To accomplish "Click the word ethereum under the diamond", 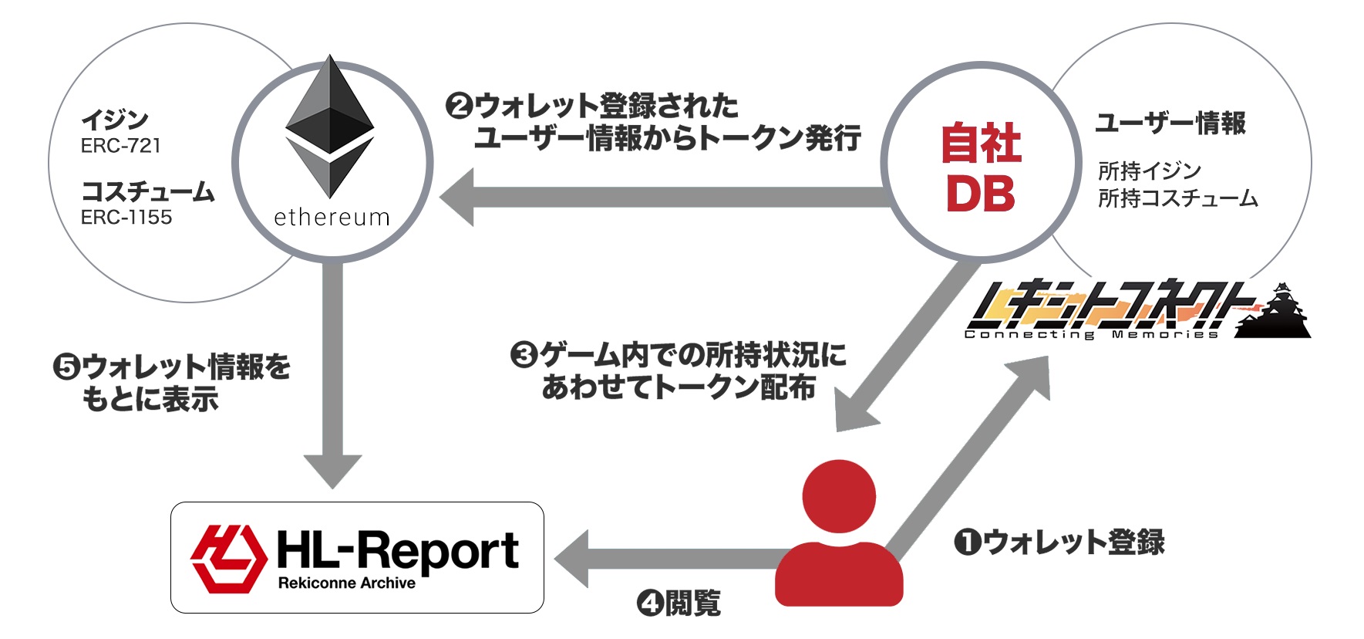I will pyautogui.click(x=332, y=218).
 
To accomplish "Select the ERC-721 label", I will pyautogui.click(x=120, y=146).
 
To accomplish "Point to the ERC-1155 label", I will pyautogui.click(x=126, y=218).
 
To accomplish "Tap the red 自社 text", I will pyautogui.click(x=981, y=144).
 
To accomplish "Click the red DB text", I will pyautogui.click(x=980, y=194).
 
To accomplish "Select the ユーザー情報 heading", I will pyautogui.click(x=1170, y=123).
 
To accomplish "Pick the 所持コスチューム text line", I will pyautogui.click(x=1177, y=199).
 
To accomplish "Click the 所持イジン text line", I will pyautogui.click(x=1149, y=171).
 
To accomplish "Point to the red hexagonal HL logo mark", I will pyautogui.click(x=227, y=558).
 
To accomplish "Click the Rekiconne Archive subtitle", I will pyautogui.click(x=346, y=583).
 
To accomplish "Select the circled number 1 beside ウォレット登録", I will pyautogui.click(x=967, y=543).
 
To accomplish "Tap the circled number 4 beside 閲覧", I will pyautogui.click(x=650, y=603).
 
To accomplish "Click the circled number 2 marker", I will pyautogui.click(x=459, y=106).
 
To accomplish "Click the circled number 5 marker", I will pyautogui.click(x=66, y=367).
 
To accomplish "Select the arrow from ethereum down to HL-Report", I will pyautogui.click(x=332, y=370).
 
